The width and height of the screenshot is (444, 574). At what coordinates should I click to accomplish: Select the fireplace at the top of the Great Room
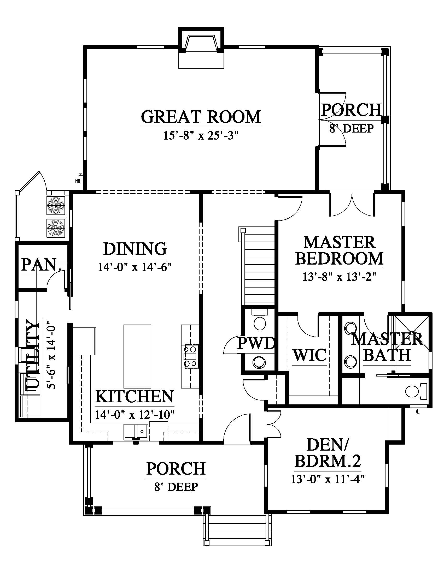(x=201, y=48)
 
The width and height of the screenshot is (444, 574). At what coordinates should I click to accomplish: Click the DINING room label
(x=135, y=248)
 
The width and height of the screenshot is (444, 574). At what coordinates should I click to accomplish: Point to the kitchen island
(x=137, y=356)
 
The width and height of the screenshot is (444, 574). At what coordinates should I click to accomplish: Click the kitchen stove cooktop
(x=190, y=356)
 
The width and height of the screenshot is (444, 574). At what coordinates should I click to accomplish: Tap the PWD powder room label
(x=256, y=343)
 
